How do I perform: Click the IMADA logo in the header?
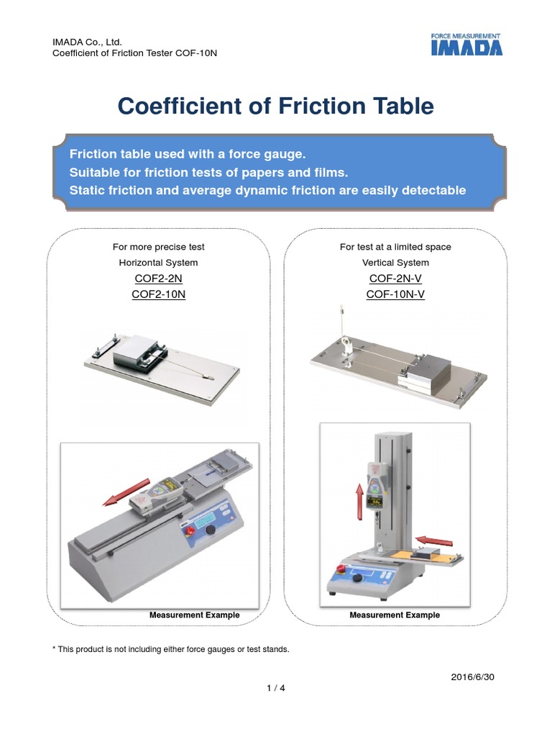[466, 45]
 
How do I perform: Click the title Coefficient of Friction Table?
[275, 107]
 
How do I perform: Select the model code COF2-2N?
[158, 279]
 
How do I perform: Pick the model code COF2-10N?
[158, 294]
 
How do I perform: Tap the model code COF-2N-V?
[395, 279]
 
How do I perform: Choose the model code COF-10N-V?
[395, 294]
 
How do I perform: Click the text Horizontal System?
[158, 263]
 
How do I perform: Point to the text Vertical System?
[395, 263]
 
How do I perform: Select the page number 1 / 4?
[275, 688]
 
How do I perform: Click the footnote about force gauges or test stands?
[171, 649]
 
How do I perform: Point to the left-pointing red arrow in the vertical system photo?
[434, 540]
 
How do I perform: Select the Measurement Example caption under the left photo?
[194, 615]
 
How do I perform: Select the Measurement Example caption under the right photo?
[395, 615]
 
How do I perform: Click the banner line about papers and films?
[208, 173]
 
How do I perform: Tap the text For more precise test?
[158, 247]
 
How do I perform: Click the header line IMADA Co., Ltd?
[82, 43]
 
